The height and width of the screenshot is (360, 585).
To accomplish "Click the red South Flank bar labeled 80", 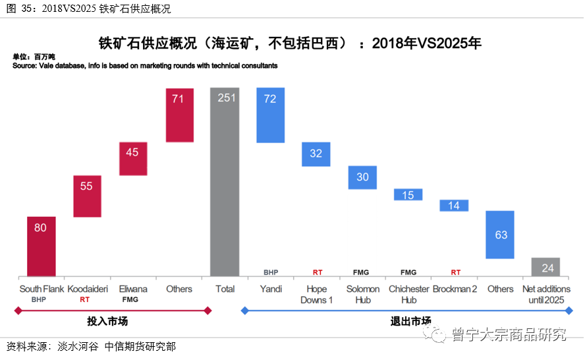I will click(x=41, y=246).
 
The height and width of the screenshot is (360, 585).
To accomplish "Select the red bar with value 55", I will click(x=87, y=196).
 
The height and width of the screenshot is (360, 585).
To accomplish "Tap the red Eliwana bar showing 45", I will click(x=133, y=159).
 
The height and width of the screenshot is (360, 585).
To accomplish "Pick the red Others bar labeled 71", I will click(x=179, y=115).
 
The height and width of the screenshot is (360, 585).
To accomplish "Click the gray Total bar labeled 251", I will click(x=225, y=181).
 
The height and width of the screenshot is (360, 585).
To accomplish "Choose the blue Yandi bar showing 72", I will click(x=270, y=115).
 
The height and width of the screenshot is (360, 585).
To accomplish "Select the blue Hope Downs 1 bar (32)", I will click(x=316, y=154).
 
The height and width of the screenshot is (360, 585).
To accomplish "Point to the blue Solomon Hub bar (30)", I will click(x=362, y=177).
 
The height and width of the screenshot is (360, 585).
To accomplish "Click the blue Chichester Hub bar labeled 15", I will click(x=408, y=195).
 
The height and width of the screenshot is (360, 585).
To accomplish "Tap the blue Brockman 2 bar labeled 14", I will click(x=454, y=206).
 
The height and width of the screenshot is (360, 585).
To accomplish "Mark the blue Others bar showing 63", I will click(x=500, y=235).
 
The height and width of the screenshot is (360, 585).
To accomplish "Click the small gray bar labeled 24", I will click(x=545, y=267).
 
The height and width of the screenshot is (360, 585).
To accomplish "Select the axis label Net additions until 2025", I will click(x=545, y=294).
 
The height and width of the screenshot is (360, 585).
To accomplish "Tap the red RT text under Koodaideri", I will click(x=84, y=299).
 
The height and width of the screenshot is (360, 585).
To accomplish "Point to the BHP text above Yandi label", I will click(x=271, y=272).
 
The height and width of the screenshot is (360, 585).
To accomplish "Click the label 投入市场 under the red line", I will click(x=107, y=322).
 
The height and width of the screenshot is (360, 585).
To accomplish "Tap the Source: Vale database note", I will click(x=145, y=66).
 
